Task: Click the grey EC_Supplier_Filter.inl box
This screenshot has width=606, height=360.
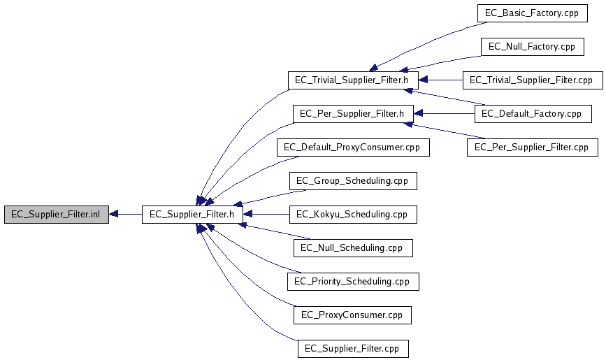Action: [x=57, y=214]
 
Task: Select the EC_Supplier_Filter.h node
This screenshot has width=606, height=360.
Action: [x=192, y=214]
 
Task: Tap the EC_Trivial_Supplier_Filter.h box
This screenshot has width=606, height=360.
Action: [x=353, y=80]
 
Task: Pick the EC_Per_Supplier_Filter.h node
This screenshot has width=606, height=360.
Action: [x=353, y=114]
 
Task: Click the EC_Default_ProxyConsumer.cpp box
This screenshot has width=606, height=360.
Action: [x=353, y=147]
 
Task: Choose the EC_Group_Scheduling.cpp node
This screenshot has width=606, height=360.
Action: [x=353, y=180]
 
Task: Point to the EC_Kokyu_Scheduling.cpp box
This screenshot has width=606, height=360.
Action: [x=353, y=214]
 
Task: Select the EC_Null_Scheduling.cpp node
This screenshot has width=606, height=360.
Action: [x=353, y=248]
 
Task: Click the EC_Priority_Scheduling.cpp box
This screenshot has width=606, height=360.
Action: [x=353, y=282]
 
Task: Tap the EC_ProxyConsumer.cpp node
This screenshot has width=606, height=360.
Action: [x=352, y=315]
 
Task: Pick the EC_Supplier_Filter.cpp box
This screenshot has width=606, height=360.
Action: [x=353, y=348]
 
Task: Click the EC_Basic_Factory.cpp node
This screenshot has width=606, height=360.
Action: [x=533, y=13]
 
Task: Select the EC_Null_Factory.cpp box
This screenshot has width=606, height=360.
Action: [x=533, y=47]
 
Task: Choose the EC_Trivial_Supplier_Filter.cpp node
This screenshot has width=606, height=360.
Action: [x=533, y=80]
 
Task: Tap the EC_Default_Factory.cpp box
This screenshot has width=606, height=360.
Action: [x=533, y=114]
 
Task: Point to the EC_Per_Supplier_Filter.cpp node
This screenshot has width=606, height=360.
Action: [x=533, y=147]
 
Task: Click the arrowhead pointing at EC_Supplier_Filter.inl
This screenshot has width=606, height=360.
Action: [x=113, y=214]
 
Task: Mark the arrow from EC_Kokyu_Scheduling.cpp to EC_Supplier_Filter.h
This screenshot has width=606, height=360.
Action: [x=266, y=214]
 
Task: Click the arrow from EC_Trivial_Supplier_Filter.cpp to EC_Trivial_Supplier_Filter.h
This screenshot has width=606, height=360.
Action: [x=441, y=80]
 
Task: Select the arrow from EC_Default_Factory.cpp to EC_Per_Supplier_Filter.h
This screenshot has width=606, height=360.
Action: [x=445, y=114]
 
